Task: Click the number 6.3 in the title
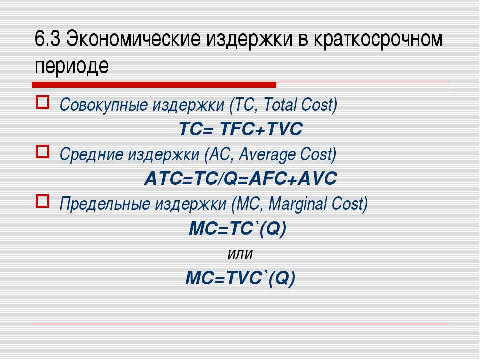click(47, 39)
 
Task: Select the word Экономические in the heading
click(133, 39)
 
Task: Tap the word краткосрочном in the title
click(378, 40)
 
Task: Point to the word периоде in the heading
click(72, 66)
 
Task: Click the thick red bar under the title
click(154, 85)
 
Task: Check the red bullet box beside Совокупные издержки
click(43, 102)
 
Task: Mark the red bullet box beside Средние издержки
click(43, 152)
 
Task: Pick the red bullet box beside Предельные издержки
click(43, 201)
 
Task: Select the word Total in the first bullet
click(280, 104)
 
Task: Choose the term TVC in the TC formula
click(284, 129)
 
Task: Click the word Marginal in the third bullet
click(297, 204)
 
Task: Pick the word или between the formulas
click(240, 254)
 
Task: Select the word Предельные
click(105, 204)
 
